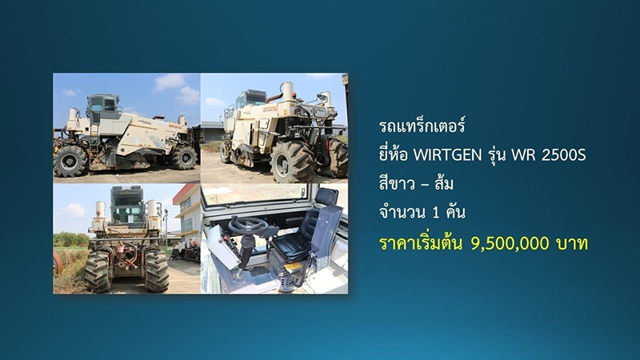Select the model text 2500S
564,154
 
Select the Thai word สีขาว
398,185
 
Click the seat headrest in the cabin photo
326,196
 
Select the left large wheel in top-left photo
70,160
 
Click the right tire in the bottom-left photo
156,271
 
